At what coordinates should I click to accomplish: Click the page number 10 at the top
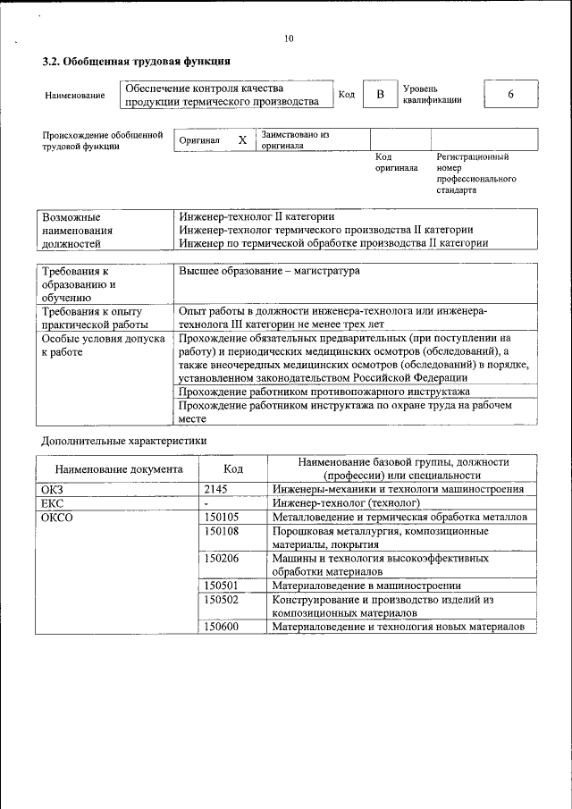288,38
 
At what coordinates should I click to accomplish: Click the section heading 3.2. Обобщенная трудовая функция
137,62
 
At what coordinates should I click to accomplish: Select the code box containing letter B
379,95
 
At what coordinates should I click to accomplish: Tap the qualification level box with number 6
510,95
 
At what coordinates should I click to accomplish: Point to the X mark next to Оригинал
242,140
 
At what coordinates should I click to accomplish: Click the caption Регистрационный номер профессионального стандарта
475,173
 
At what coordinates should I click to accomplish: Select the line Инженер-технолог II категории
257,217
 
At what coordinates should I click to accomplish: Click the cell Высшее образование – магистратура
270,271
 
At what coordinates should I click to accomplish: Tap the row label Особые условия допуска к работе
103,345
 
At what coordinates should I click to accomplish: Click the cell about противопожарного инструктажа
324,392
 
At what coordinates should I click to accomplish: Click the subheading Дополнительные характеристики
125,441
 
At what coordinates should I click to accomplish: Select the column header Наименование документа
118,468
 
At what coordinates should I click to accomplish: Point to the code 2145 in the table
217,489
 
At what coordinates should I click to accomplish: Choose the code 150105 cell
222,518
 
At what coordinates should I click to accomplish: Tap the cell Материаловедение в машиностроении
366,586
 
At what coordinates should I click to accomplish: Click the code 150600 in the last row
222,628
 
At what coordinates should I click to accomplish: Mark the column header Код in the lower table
233,468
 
